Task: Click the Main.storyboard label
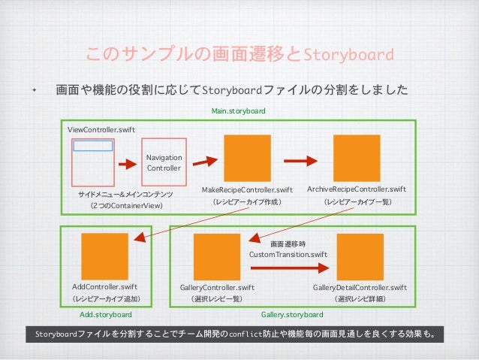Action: [238, 111]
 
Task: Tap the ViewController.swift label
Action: [101, 130]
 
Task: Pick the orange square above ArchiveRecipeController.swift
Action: [356, 159]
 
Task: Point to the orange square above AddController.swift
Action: [104, 256]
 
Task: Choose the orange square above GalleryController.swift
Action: [218, 257]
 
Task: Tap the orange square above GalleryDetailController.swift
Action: [360, 257]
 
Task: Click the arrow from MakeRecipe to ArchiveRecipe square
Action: [301, 159]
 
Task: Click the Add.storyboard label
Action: [105, 314]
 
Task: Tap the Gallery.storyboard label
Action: [291, 314]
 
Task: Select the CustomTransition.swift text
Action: [288, 255]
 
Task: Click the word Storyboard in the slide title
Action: [351, 55]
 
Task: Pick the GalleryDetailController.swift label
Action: [360, 287]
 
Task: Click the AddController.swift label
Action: [104, 287]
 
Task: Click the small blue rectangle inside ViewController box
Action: [93, 146]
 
